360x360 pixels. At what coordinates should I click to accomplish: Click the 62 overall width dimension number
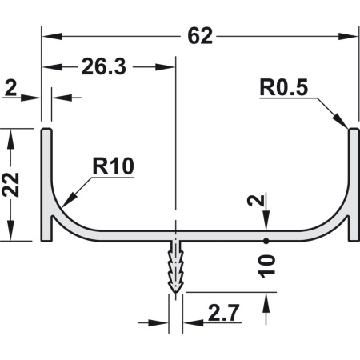pyautogui.click(x=200, y=36)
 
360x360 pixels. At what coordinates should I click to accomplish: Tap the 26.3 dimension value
pyautogui.click(x=103, y=66)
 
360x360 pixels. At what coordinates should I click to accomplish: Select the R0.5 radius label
pyautogui.click(x=284, y=87)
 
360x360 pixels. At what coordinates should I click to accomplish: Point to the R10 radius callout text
pyautogui.click(x=113, y=166)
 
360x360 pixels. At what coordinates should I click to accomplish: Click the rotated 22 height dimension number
pyautogui.click(x=10, y=185)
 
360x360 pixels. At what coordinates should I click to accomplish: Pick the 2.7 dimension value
pyautogui.click(x=223, y=313)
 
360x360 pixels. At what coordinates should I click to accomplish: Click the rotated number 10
pyautogui.click(x=266, y=266)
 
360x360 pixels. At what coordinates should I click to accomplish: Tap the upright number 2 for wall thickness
pyautogui.click(x=10, y=88)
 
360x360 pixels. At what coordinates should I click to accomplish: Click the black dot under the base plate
pyautogui.click(x=266, y=241)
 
